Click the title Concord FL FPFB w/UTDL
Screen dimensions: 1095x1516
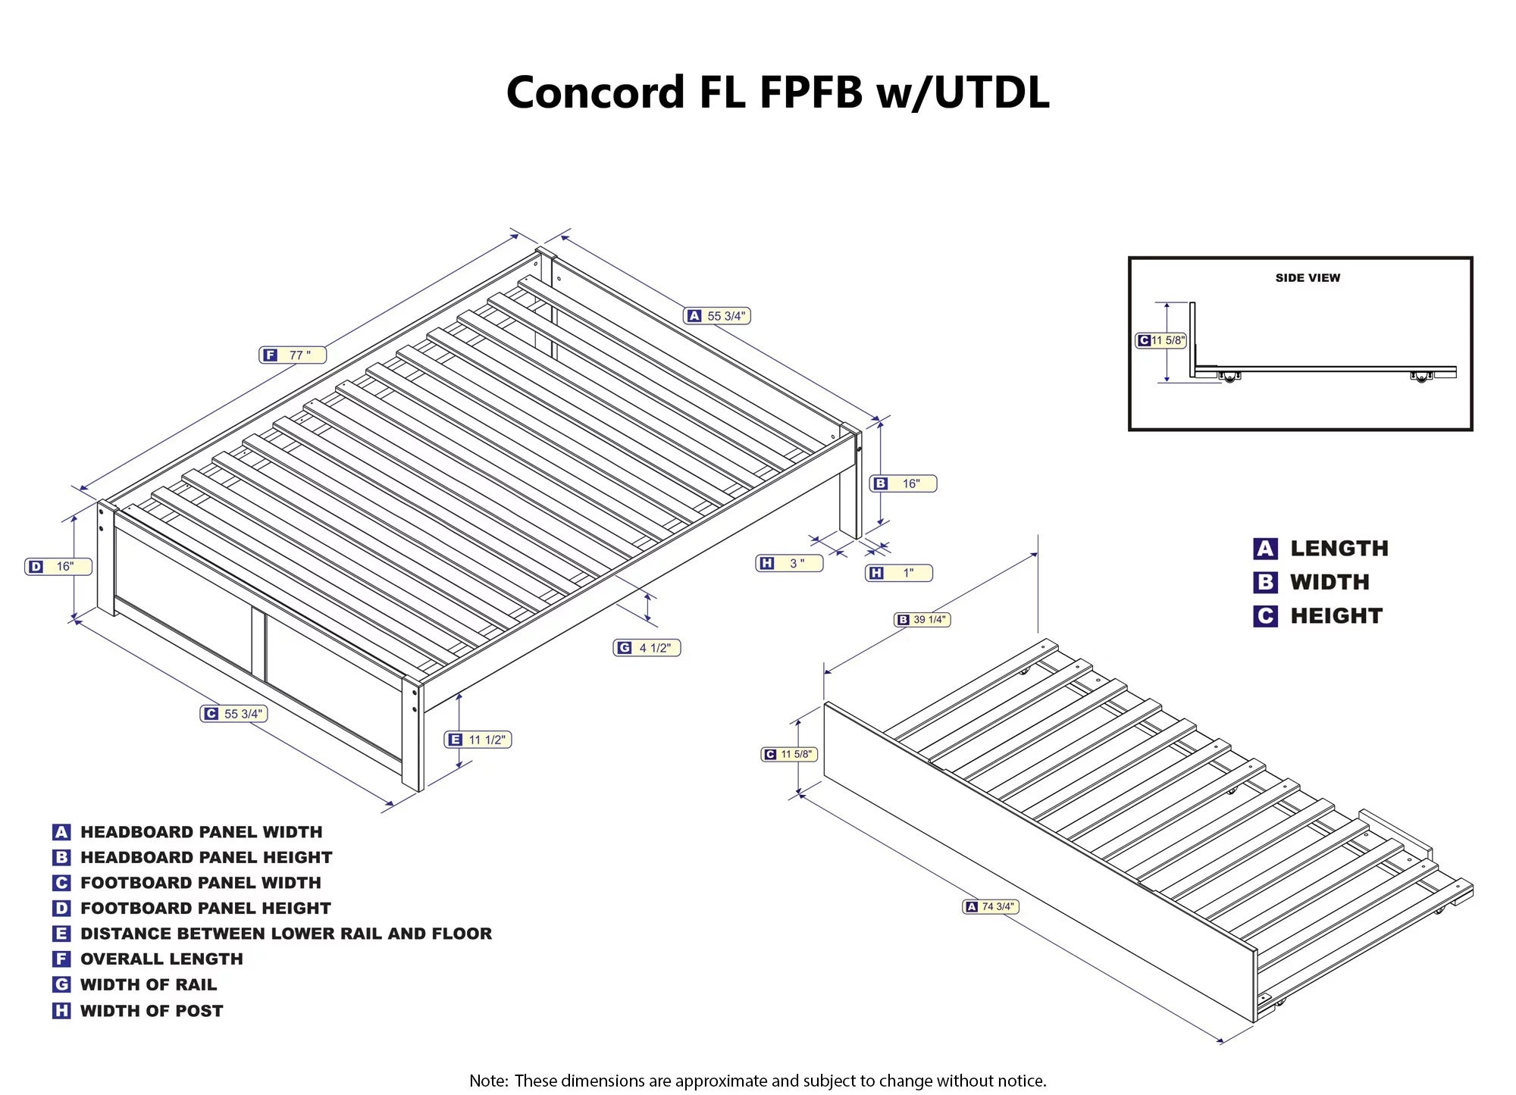pyautogui.click(x=777, y=92)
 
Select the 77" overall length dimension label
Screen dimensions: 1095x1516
pyautogui.click(x=293, y=355)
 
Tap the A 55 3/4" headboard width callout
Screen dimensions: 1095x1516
pyautogui.click(x=717, y=316)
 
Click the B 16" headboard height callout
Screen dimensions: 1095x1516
pyautogui.click(x=903, y=483)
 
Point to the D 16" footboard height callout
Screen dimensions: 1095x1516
pyautogui.click(x=58, y=566)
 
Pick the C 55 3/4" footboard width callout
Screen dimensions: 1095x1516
pyautogui.click(x=233, y=714)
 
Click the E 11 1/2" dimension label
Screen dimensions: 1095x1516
pyautogui.click(x=478, y=740)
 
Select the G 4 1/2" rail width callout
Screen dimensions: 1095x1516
pyautogui.click(x=647, y=648)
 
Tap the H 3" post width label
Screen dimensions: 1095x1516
pyautogui.click(x=789, y=563)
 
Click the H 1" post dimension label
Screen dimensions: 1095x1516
pyautogui.click(x=898, y=573)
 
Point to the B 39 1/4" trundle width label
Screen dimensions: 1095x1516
pyautogui.click(x=922, y=620)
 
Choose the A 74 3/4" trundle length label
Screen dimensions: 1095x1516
pyautogui.click(x=991, y=906)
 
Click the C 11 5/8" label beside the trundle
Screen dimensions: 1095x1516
pyautogui.click(x=789, y=754)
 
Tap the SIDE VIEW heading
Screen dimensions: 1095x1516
pyautogui.click(x=1308, y=278)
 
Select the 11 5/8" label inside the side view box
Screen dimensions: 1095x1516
pyautogui.click(x=1160, y=340)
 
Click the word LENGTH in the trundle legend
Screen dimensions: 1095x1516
pyautogui.click(x=1339, y=549)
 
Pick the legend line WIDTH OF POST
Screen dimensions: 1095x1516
pyautogui.click(x=152, y=1011)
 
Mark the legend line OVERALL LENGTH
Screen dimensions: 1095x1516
pyautogui.click(x=161, y=959)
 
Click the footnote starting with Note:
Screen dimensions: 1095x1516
pyautogui.click(x=757, y=1081)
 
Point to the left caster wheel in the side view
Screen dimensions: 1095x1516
pyautogui.click(x=1229, y=377)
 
